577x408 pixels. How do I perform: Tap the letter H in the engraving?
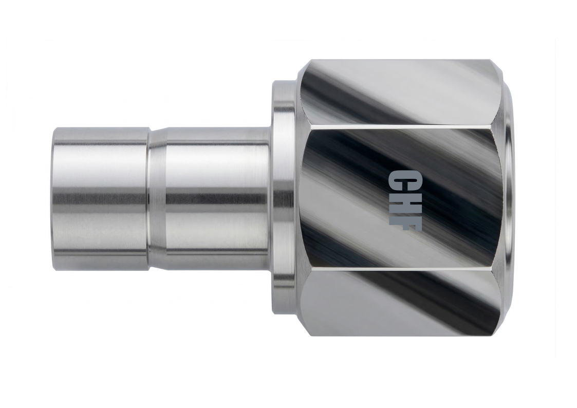(398, 201)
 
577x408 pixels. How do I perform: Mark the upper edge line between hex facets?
(401, 126)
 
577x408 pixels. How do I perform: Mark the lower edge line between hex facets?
(401, 268)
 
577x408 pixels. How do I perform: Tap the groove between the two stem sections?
(150, 195)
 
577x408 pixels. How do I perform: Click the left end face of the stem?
(53, 195)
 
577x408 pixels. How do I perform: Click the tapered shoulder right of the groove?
(158, 195)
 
